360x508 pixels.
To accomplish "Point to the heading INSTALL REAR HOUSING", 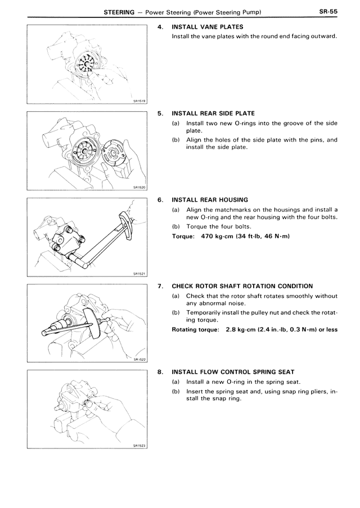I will pos(209,199).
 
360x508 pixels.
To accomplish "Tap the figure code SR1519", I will pos(139,101).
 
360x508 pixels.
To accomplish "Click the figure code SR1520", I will pos(139,188).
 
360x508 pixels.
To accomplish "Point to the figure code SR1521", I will pos(139,274).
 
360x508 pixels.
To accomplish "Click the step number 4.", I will pos(161,27).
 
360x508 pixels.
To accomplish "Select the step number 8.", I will pos(161,373).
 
